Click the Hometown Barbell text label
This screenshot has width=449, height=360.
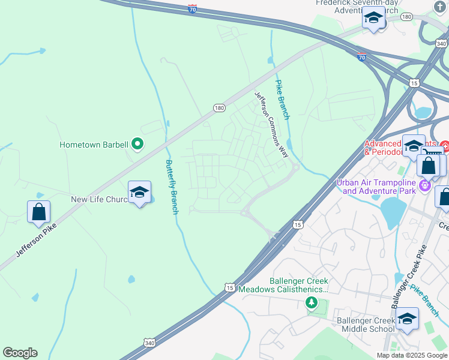[x=94, y=145]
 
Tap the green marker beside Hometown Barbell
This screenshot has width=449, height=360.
[x=137, y=143]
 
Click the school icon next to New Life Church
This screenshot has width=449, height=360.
[x=139, y=193]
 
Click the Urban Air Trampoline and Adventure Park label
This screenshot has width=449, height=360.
[x=376, y=187]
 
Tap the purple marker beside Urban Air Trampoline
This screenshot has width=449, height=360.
[x=425, y=184]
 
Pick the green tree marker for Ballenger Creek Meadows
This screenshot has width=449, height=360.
[x=311, y=302]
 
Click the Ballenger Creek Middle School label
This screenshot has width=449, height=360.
[x=357, y=325]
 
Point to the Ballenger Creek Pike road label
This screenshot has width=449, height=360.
[x=409, y=277]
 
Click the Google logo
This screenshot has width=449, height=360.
[x=20, y=352]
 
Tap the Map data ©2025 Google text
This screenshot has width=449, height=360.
[x=411, y=355]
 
